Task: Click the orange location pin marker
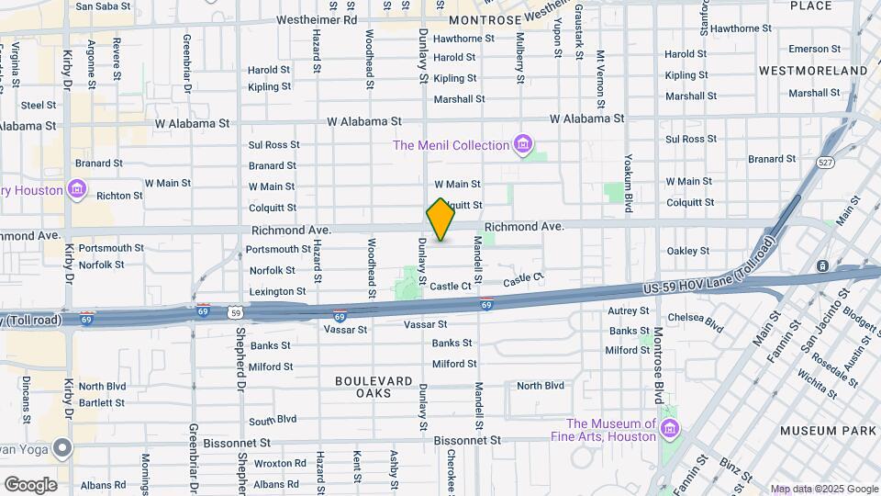[440, 220]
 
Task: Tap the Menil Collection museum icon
[523, 144]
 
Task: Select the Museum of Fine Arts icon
[670, 429]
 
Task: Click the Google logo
[30, 485]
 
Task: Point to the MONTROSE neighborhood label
[485, 18]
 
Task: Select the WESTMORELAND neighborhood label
[813, 71]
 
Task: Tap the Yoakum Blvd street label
[630, 183]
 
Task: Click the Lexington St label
[277, 291]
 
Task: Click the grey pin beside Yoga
[62, 448]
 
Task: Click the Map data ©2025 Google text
[824, 489]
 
